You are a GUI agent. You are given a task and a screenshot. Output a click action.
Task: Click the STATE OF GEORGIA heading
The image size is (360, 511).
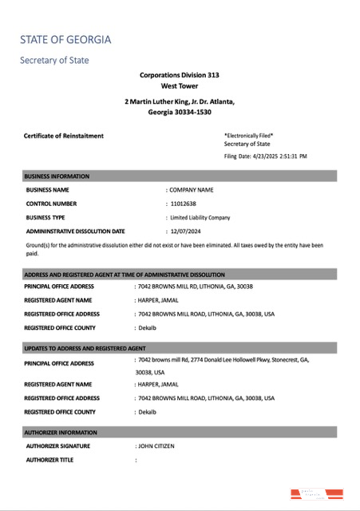coord(65,39)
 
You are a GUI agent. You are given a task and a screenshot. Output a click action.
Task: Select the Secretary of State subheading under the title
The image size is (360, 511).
coord(54,60)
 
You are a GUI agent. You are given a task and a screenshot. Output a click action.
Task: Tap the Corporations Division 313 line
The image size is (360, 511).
coord(179,75)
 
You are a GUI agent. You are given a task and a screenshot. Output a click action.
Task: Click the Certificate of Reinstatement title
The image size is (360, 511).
coord(64,136)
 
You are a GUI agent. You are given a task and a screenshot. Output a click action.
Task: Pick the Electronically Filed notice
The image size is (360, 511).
coord(249,136)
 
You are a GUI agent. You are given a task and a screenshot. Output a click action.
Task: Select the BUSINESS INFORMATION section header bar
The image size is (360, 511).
coord(180,176)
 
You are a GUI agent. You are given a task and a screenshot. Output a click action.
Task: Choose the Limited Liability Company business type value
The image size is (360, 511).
coord(200,217)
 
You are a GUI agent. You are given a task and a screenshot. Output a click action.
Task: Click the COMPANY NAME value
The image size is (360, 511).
coord(192,190)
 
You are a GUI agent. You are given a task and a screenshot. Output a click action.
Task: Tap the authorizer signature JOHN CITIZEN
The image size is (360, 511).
coord(156,446)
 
